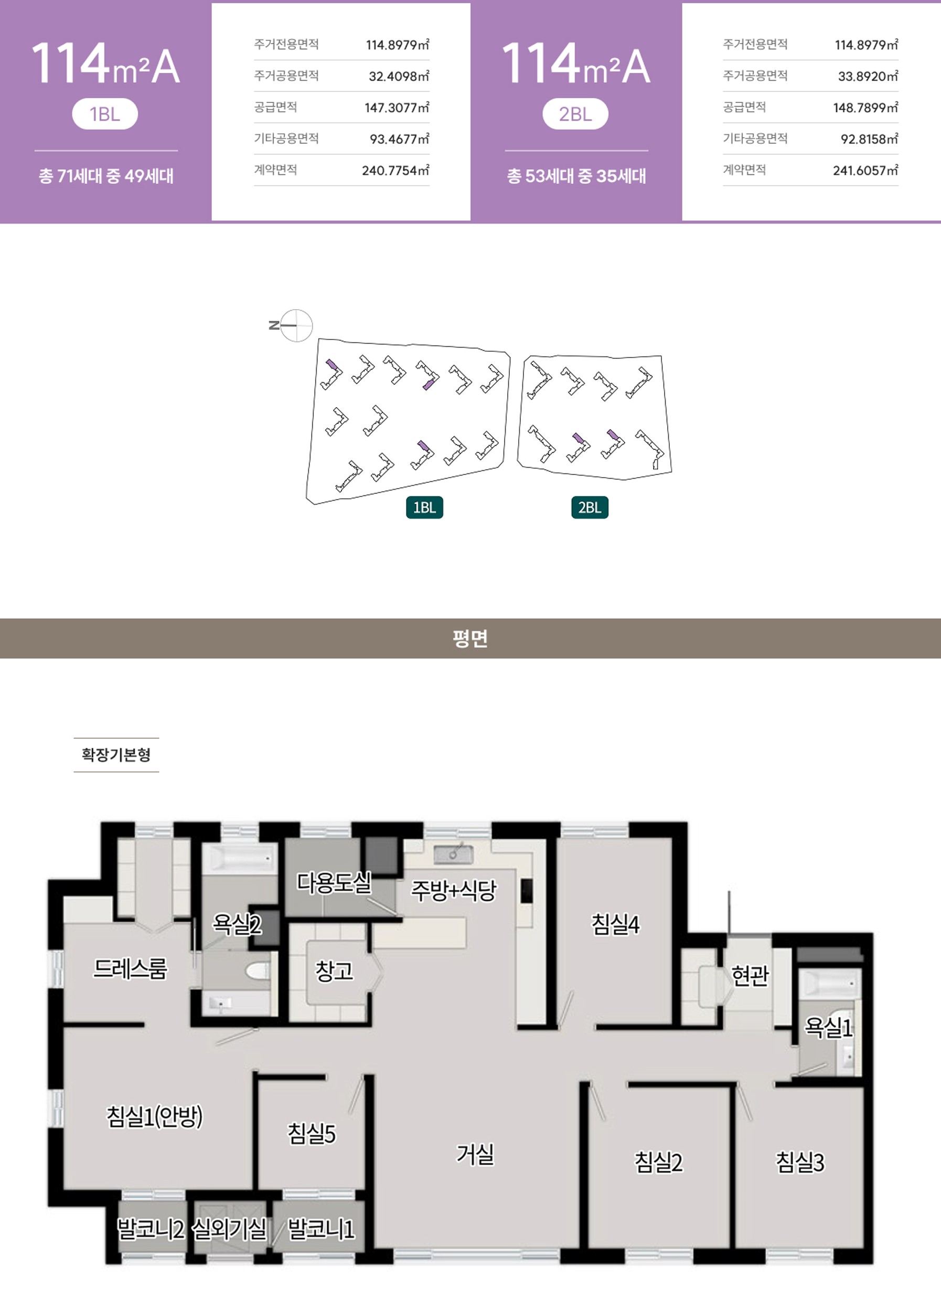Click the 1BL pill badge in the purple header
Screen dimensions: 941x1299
[x=105, y=114]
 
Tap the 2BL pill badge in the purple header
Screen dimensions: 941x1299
[x=575, y=114]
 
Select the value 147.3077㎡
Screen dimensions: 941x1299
[x=397, y=108]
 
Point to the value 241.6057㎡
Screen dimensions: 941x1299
[x=865, y=170]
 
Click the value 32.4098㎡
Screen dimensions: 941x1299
[x=399, y=76]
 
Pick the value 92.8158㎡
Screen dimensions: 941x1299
[x=869, y=139]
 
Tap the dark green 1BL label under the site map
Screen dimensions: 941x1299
[x=425, y=508]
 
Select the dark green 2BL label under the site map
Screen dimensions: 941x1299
[x=590, y=508]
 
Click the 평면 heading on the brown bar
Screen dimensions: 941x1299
[x=470, y=638]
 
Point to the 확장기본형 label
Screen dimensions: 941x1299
[x=116, y=754]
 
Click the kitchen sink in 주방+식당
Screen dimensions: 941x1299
[x=453, y=854]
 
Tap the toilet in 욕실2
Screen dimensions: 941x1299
[x=257, y=971]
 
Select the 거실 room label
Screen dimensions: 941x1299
[x=475, y=1154]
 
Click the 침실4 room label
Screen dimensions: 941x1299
[x=615, y=924]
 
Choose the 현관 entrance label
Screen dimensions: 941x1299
[x=750, y=975]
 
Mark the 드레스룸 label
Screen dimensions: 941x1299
[x=131, y=968]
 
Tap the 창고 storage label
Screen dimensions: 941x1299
[x=334, y=971]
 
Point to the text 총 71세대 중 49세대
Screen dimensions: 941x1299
[x=106, y=176]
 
